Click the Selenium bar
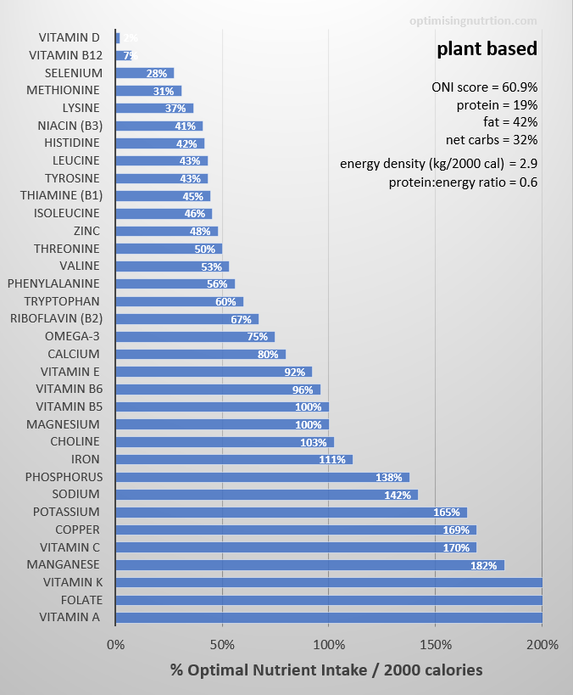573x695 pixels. [x=145, y=73]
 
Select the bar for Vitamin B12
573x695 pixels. [x=124, y=55]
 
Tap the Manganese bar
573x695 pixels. [x=309, y=565]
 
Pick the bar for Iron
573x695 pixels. [x=234, y=459]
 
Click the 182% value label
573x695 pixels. [x=483, y=565]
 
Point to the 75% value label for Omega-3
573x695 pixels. [x=257, y=336]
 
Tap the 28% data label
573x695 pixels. [x=156, y=73]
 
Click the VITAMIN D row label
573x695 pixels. [x=70, y=37]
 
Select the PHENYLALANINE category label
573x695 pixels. [x=53, y=283]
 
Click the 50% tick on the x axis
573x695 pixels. [x=222, y=645]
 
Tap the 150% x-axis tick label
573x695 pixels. [x=436, y=645]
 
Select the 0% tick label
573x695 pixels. [x=116, y=645]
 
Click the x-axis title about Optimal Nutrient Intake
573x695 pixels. [x=326, y=670]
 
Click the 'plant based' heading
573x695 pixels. [x=487, y=49]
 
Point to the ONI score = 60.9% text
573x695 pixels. [x=484, y=87]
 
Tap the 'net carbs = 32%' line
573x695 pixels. [x=491, y=140]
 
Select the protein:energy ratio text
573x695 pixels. [x=463, y=182]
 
